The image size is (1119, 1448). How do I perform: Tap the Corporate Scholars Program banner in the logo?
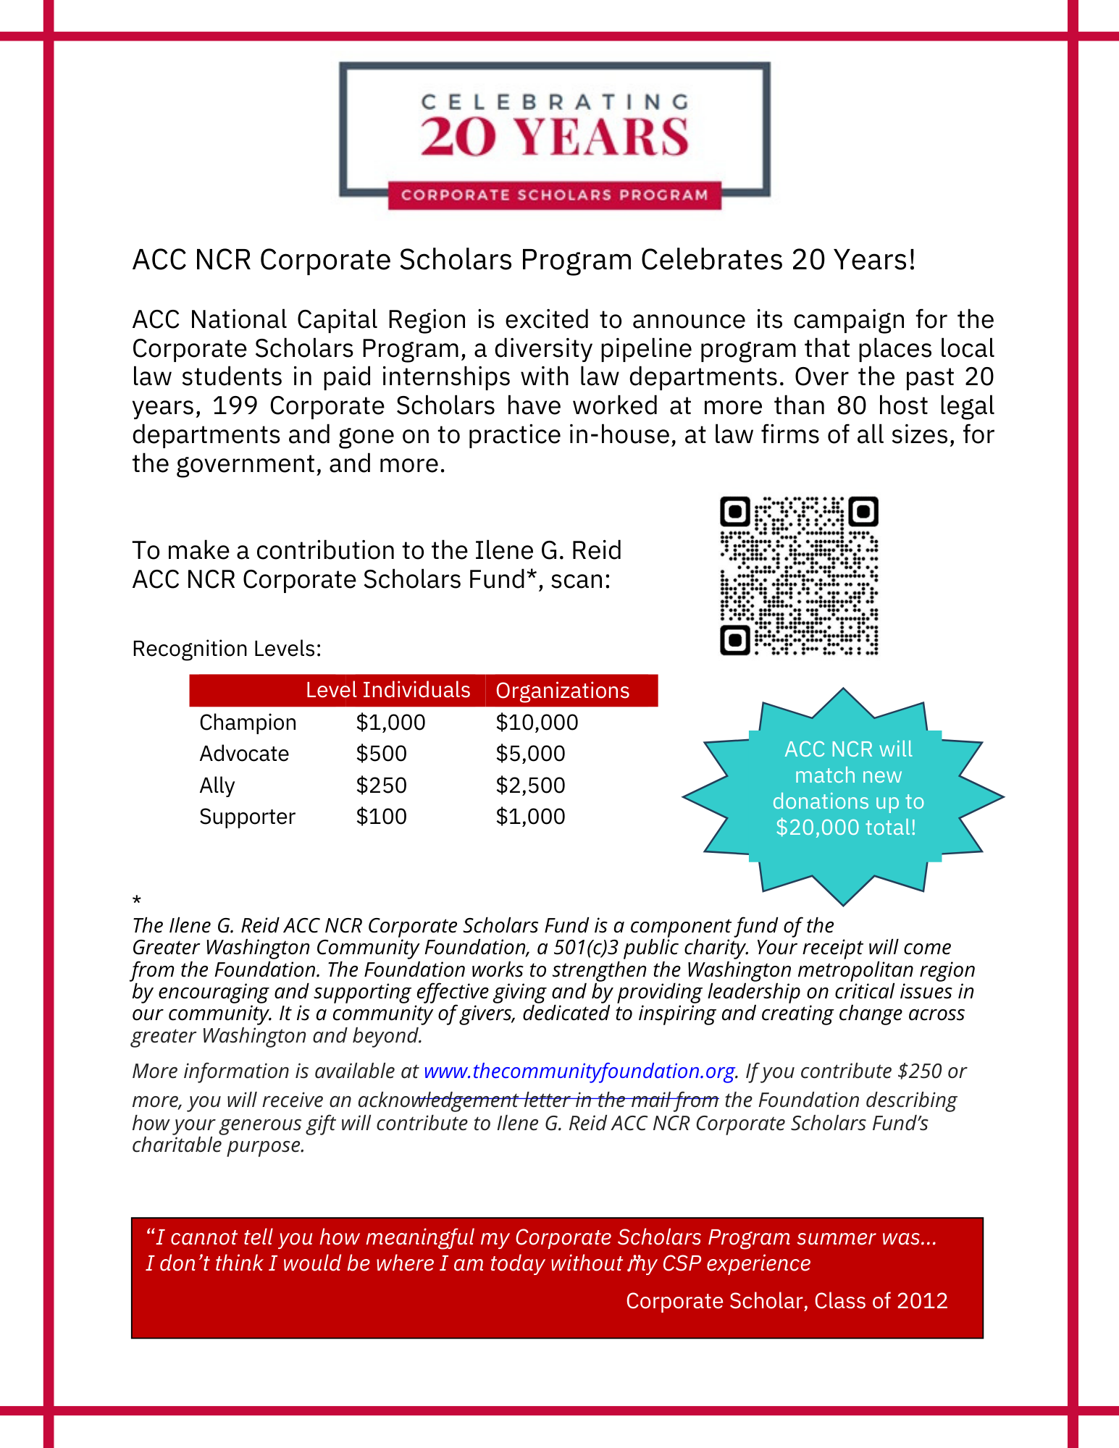click(554, 195)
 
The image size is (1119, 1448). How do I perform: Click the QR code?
click(799, 576)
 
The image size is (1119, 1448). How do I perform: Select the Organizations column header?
click(562, 691)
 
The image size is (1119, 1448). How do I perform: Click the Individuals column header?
click(416, 690)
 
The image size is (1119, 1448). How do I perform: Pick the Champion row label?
click(248, 723)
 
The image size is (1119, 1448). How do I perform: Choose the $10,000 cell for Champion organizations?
click(537, 723)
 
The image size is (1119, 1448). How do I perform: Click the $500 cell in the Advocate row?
click(381, 754)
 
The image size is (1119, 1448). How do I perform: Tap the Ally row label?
click(217, 786)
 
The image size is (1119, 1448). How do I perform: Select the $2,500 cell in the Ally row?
click(530, 786)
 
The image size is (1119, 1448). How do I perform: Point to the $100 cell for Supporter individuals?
click(381, 817)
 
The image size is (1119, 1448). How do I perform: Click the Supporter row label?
click(247, 817)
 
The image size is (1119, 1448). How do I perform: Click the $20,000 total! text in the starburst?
click(846, 828)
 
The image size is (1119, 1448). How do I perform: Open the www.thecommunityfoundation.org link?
click(579, 1071)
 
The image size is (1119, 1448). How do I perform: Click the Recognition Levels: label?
click(226, 649)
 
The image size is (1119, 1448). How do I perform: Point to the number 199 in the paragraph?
click(235, 406)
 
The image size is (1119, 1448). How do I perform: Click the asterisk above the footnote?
click(137, 901)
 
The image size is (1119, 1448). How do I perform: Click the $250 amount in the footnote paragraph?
click(920, 1071)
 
